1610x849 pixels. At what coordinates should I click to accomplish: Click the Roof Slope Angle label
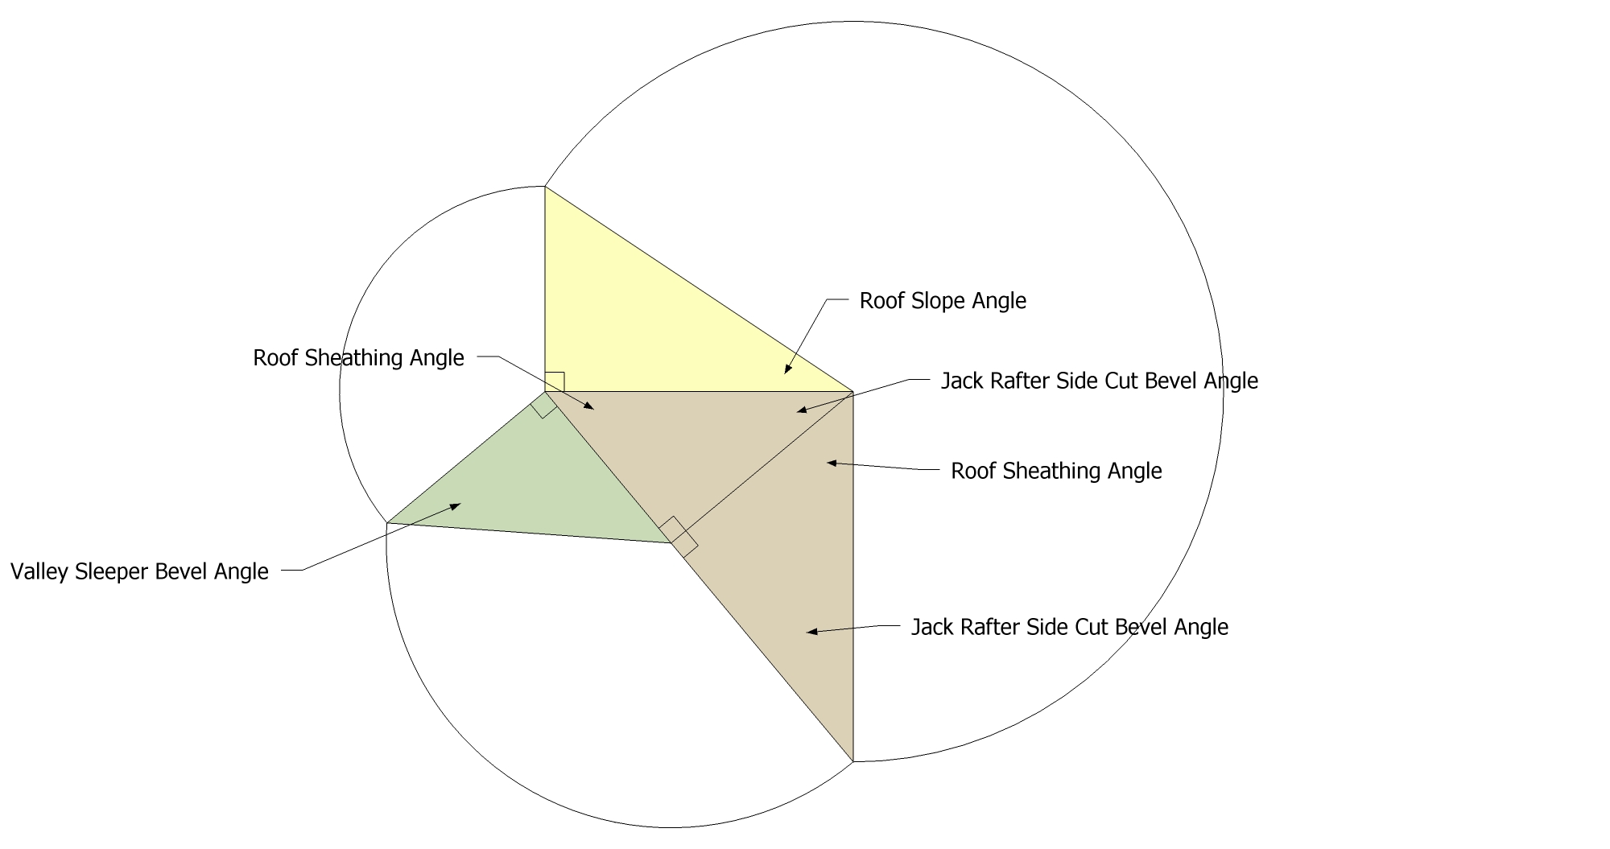tap(943, 301)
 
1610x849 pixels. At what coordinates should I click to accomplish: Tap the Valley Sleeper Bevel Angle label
tap(139, 571)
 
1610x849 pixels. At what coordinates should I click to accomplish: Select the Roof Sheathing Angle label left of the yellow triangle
tap(358, 358)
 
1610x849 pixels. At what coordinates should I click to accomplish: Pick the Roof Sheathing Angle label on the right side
tap(1056, 471)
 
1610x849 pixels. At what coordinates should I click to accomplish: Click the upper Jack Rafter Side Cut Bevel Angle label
tap(1100, 381)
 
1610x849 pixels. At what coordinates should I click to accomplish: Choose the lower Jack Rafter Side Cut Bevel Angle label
tap(1070, 627)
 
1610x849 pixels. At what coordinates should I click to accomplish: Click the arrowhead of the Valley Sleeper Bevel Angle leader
tap(455, 506)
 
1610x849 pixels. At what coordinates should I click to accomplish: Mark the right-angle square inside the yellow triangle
tap(555, 382)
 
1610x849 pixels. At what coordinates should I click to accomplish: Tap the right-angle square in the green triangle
tap(543, 405)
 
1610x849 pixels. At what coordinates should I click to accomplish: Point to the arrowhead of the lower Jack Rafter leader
tap(812, 632)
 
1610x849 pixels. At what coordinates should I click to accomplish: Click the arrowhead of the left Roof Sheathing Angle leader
tap(589, 407)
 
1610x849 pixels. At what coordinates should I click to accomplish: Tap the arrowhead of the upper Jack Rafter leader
tap(803, 411)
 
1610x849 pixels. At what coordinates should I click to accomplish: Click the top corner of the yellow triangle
tap(545, 187)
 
